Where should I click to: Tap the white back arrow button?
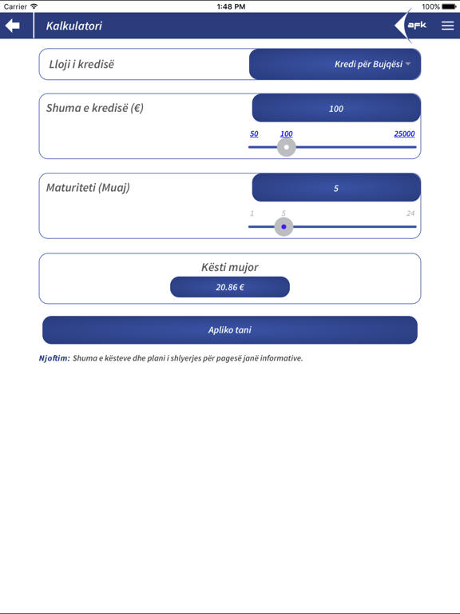(x=13, y=26)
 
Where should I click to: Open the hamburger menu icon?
(x=447, y=26)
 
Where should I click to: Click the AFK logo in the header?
(x=416, y=26)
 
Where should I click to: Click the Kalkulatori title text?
(x=74, y=26)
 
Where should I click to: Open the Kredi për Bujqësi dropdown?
(x=335, y=64)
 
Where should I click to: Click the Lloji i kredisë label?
(x=81, y=64)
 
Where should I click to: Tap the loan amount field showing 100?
(x=336, y=108)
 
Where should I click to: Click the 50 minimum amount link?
(x=254, y=134)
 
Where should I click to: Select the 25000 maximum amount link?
(x=404, y=134)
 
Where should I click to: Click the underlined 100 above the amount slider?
(x=286, y=134)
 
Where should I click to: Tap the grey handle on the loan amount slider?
(x=286, y=147)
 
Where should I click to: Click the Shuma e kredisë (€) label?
(x=95, y=108)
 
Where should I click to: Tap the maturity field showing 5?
(x=336, y=188)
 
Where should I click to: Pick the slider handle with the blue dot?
(x=284, y=227)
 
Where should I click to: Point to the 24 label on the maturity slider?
(x=410, y=213)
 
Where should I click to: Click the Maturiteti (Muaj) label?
(x=88, y=188)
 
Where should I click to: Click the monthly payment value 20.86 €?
(x=230, y=287)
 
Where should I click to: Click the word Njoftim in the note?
(x=54, y=358)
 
